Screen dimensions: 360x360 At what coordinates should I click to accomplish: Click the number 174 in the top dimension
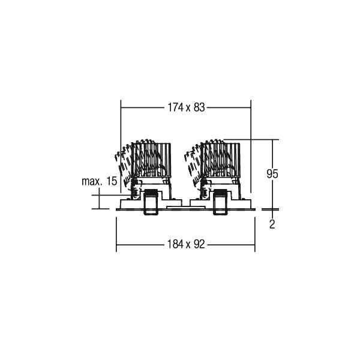click(x=176, y=107)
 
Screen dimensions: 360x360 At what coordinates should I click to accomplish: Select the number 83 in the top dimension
click(x=199, y=107)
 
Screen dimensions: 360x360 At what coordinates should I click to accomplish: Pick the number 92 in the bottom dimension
click(x=199, y=244)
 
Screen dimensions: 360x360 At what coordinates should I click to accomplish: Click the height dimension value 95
click(x=272, y=174)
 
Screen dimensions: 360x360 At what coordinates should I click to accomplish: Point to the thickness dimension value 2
click(x=272, y=224)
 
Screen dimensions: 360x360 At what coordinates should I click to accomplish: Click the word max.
click(x=92, y=181)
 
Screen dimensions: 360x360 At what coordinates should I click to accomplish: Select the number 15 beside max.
click(x=112, y=181)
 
